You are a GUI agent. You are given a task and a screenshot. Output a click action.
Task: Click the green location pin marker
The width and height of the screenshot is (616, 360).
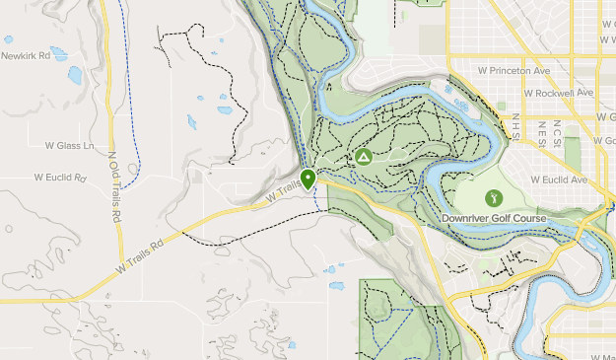click(308, 179)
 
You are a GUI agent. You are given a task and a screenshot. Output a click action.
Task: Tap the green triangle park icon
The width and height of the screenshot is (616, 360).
click(364, 157)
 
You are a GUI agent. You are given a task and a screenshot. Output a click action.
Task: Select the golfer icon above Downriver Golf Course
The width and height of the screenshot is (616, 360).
click(494, 197)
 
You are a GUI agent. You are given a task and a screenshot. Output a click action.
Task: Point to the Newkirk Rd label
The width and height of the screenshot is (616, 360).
click(25, 56)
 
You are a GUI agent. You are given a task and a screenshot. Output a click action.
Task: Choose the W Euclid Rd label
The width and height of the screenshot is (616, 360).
click(60, 179)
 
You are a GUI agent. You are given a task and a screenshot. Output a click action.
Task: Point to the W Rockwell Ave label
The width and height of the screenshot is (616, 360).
click(559, 93)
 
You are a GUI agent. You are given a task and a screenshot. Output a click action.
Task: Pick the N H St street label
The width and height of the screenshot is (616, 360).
click(513, 127)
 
